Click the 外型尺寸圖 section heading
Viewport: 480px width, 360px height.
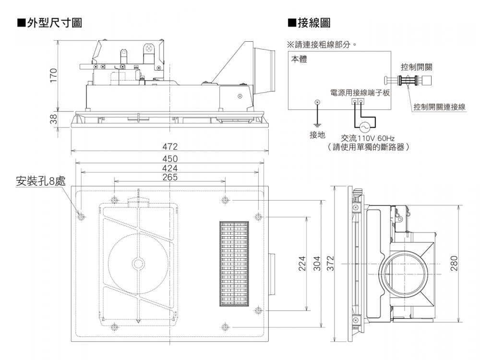point(49,23)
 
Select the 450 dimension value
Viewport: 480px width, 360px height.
point(169,159)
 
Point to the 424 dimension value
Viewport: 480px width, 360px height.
point(169,168)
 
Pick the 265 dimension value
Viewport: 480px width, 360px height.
point(169,177)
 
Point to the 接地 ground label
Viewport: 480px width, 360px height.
point(317,135)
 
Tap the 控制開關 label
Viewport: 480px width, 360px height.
point(416,67)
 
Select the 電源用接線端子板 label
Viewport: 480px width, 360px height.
point(360,92)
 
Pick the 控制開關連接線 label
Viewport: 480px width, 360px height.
point(439,107)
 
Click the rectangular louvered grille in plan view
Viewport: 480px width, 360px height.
point(234,264)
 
